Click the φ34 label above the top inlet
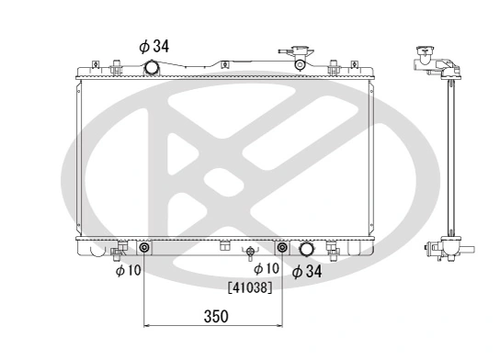click(x=154, y=44)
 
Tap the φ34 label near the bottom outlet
click(x=307, y=271)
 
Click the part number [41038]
click(x=248, y=287)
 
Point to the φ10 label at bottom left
click(x=128, y=271)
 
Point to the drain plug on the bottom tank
click(x=249, y=251)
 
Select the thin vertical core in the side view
click(x=450, y=156)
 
